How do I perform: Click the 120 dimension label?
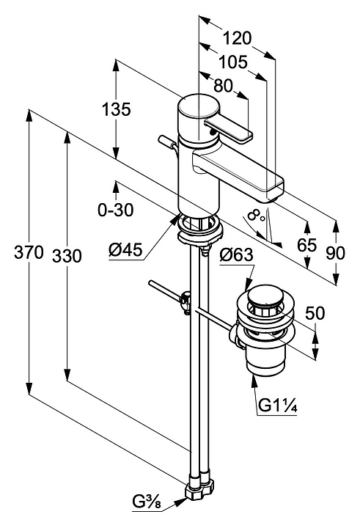point(237,37)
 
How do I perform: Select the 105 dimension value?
point(233,62)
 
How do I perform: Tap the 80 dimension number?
point(224,86)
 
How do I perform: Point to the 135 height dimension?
point(116,109)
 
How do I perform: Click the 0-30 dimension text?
point(116,210)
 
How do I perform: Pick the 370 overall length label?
point(29,252)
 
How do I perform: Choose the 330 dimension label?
point(67,256)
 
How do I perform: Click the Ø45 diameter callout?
point(125,250)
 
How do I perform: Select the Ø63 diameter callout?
point(236,255)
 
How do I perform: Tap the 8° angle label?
point(256,216)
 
